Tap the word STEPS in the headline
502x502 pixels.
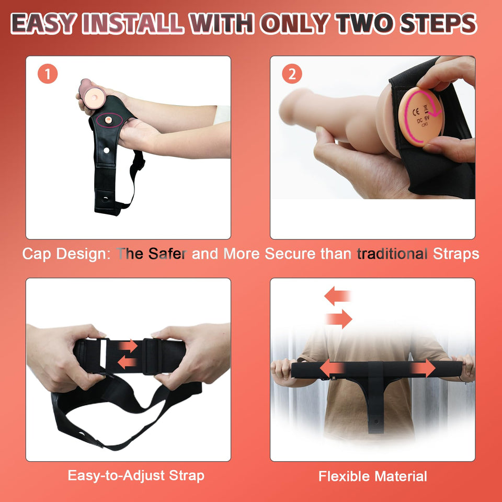coord(439,24)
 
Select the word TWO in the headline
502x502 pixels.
coord(366,24)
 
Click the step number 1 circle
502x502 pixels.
coord(48,74)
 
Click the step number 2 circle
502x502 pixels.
coord(292,74)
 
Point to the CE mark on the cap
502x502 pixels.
coord(416,112)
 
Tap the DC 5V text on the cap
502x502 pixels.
coord(423,120)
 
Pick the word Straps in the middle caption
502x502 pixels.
coord(456,254)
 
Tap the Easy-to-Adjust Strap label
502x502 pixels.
coord(136,476)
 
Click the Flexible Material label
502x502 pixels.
coord(373,476)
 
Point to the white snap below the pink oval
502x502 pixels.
coord(107,150)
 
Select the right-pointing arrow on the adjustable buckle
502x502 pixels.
coord(129,346)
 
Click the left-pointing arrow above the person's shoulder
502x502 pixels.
coord(337,295)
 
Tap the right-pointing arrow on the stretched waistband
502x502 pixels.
coord(423,368)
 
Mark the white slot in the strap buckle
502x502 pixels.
coord(103,354)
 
